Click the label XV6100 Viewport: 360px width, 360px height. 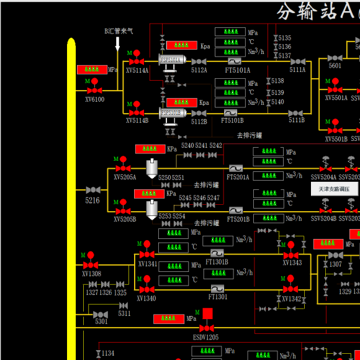[x=94, y=99]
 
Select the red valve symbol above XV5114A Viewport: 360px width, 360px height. [x=137, y=60]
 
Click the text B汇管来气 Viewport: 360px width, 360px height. [x=119, y=31]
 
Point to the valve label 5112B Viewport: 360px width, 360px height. [x=199, y=121]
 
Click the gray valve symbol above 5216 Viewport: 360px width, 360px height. [x=92, y=189]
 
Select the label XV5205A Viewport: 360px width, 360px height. [x=125, y=177]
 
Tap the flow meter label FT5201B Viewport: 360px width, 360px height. [x=238, y=219]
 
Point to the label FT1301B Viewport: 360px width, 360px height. [x=217, y=262]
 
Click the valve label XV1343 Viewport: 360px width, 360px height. [x=292, y=263]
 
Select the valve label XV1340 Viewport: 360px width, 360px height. [x=146, y=299]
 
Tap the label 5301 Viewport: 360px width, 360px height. [x=101, y=322]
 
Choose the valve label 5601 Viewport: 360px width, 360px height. [x=335, y=66]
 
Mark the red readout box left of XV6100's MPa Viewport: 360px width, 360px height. [x=91, y=70]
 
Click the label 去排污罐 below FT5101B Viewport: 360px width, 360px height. [x=249, y=135]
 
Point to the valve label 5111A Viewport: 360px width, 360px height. [x=297, y=70]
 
